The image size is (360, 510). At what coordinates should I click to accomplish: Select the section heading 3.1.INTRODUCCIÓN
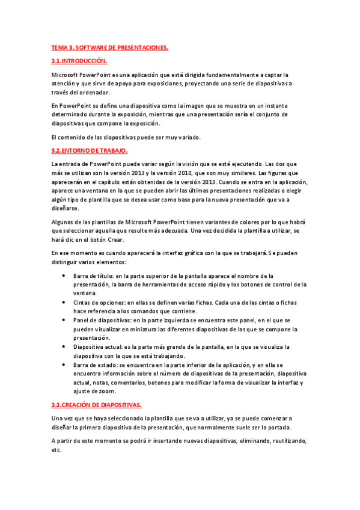tap(79, 61)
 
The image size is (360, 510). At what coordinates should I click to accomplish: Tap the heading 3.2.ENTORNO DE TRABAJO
tap(90, 150)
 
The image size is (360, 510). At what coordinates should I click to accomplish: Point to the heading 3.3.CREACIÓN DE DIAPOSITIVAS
tap(97, 405)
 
